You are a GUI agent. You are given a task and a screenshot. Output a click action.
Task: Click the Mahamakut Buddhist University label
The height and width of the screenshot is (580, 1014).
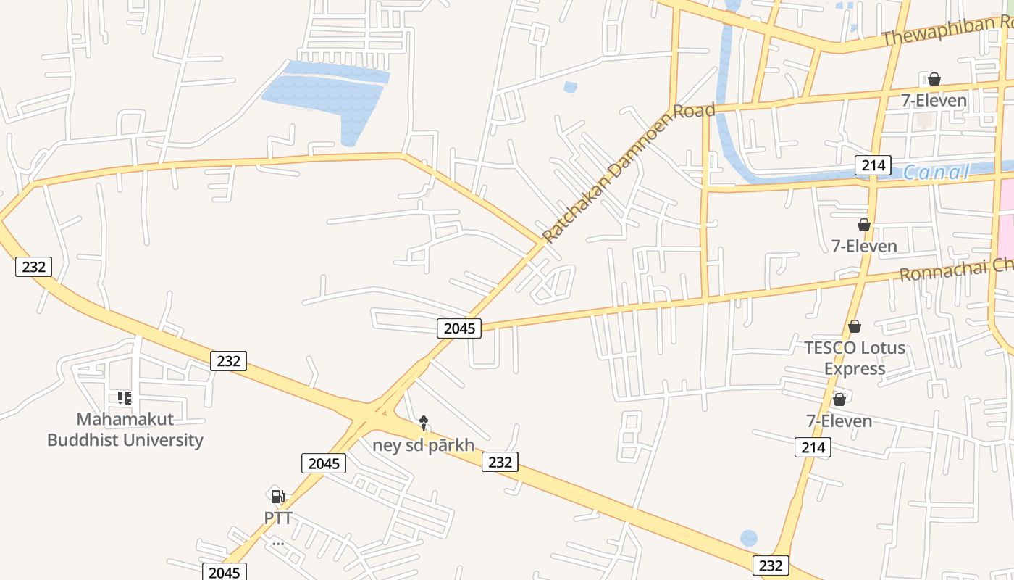click(125, 429)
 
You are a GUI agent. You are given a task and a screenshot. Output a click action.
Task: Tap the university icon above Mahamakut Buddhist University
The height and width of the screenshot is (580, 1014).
click(125, 398)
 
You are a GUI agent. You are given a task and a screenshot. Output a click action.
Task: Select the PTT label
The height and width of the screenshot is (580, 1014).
click(278, 518)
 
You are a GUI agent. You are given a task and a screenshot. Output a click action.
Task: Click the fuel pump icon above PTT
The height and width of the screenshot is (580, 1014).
click(277, 497)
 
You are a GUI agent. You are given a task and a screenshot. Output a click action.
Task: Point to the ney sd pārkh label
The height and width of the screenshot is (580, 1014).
click(423, 444)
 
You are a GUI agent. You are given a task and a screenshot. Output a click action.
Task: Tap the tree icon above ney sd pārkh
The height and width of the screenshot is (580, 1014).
click(424, 421)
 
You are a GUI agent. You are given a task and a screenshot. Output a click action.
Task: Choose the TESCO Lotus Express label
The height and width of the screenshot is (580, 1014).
click(855, 358)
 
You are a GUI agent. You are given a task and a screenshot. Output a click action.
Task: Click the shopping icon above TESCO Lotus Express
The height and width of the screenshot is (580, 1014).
click(855, 327)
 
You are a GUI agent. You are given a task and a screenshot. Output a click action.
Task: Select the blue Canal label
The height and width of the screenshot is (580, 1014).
click(935, 173)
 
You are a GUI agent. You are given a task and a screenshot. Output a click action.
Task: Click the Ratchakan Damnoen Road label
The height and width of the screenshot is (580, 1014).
click(628, 173)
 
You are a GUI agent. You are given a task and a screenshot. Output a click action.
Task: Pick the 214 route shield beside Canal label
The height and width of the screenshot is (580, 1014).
click(873, 165)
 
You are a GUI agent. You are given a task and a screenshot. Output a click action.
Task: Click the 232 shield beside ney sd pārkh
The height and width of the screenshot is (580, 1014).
click(500, 462)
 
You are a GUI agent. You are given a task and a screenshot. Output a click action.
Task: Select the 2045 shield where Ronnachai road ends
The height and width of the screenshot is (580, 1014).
click(459, 328)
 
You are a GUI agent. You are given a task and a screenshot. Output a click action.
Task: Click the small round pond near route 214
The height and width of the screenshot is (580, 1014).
click(749, 539)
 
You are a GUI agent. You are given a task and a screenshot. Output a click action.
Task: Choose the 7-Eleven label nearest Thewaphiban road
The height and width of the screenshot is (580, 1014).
click(934, 101)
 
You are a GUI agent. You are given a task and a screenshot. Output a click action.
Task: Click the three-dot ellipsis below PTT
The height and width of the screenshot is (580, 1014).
click(278, 544)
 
